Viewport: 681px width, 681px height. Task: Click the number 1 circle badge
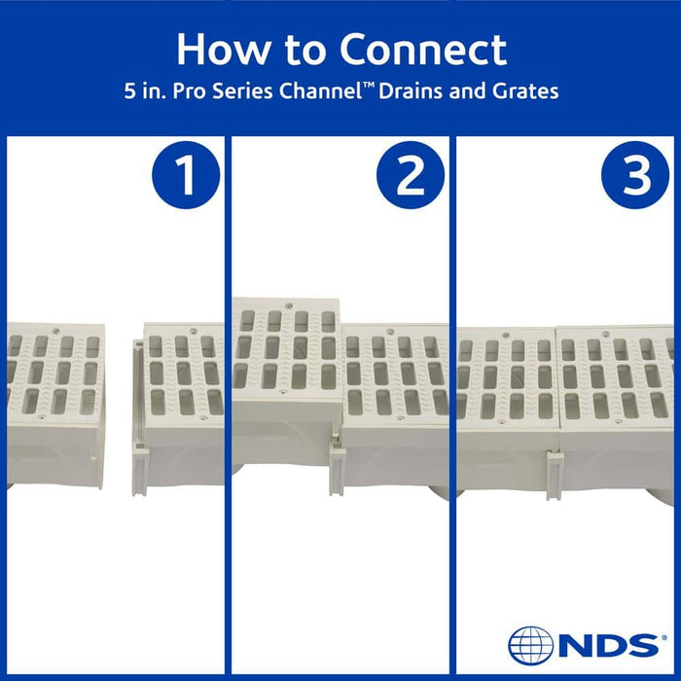[184, 177]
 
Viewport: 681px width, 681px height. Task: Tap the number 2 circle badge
[410, 177]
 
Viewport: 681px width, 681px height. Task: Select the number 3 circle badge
[634, 177]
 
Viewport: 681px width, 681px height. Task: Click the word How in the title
[218, 50]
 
